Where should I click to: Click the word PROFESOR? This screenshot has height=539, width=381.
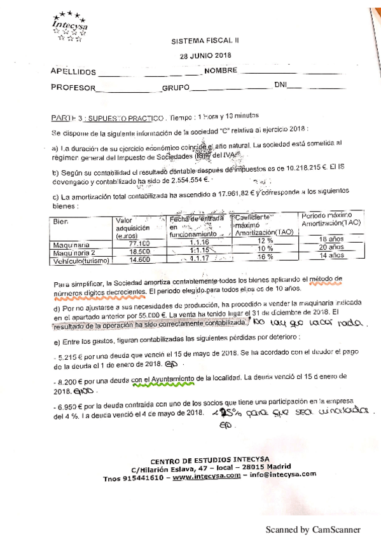click(x=73, y=88)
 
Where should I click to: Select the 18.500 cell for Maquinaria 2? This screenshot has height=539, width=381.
click(x=138, y=252)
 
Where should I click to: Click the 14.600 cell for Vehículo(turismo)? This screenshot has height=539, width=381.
click(x=138, y=260)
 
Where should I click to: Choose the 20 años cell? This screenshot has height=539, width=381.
click(x=331, y=247)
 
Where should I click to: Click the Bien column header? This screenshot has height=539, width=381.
click(x=62, y=222)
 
